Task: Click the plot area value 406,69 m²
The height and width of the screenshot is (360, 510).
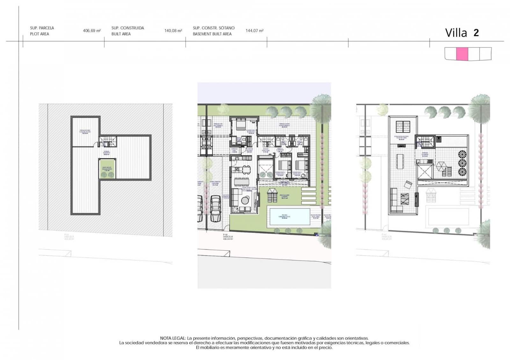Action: pos(92,31)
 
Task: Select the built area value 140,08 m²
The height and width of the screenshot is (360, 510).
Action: pos(173,31)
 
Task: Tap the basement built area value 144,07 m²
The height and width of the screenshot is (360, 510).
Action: pos(254,31)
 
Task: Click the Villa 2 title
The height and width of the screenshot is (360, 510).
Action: pos(462,33)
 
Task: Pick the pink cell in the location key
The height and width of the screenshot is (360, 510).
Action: pos(462,54)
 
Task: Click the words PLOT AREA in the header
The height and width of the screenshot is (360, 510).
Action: pos(40,34)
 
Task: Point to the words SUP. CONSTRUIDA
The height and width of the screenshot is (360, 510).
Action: pos(127,28)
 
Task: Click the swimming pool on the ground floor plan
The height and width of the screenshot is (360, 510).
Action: pos(289,217)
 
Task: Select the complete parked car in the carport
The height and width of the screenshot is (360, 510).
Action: pos(215,208)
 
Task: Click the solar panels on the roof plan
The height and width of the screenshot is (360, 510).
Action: pos(403,127)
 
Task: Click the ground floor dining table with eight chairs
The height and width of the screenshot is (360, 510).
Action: pos(242,182)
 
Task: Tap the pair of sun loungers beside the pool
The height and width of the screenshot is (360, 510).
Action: pos(273,195)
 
